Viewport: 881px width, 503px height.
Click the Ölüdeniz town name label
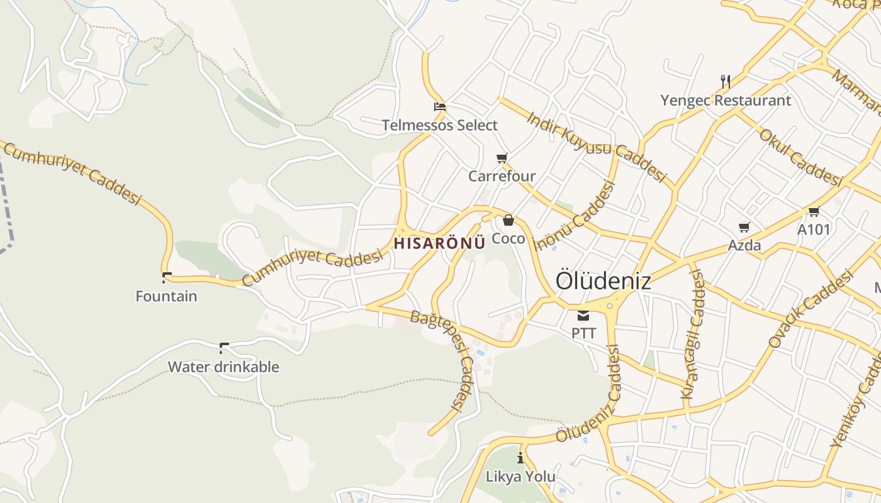click(x=603, y=281)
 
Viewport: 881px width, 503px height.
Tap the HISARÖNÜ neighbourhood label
click(x=439, y=243)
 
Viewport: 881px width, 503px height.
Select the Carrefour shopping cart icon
click(x=502, y=158)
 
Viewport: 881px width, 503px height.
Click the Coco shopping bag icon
click(x=508, y=220)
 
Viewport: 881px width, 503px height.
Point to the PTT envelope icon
click(x=583, y=315)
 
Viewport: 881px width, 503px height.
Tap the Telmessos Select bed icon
click(x=439, y=106)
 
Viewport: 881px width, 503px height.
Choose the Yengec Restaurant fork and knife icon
click(x=726, y=81)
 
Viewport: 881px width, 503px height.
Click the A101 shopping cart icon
click(x=814, y=211)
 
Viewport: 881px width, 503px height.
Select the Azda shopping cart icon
click(x=744, y=227)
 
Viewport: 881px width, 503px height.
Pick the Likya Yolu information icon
click(x=520, y=458)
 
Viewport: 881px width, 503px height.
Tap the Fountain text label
click(x=166, y=296)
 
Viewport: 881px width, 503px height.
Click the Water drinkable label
click(x=223, y=367)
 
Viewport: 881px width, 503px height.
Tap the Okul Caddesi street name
click(x=800, y=157)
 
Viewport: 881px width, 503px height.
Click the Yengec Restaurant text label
click(x=726, y=100)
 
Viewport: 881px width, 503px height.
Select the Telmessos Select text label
click(x=439, y=125)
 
